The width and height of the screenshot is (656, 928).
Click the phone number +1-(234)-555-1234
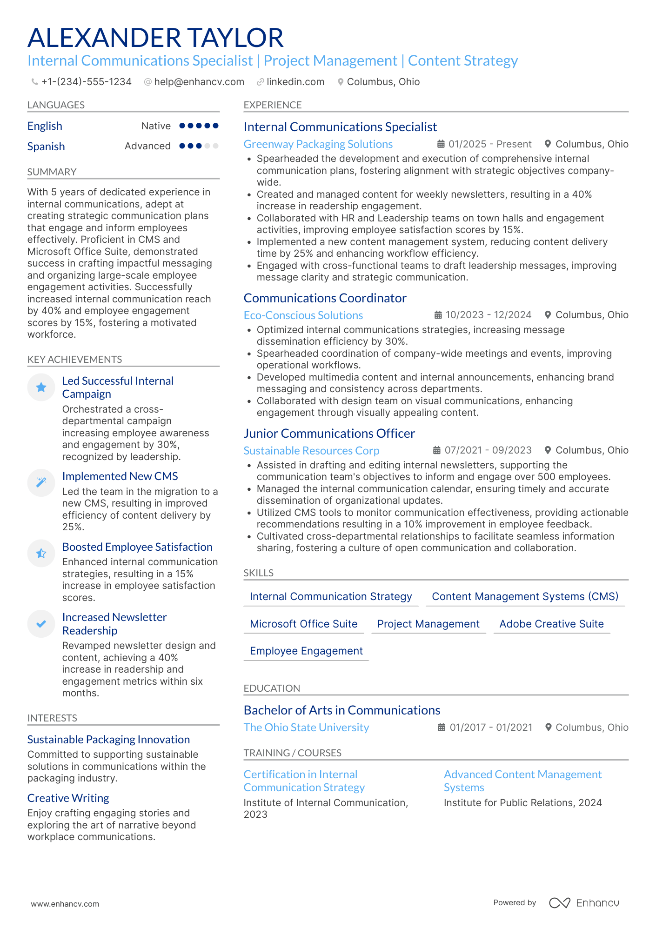pyautogui.click(x=86, y=82)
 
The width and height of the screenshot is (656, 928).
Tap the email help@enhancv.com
pyautogui.click(x=199, y=82)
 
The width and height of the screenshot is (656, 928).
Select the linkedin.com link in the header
pyautogui.click(x=295, y=82)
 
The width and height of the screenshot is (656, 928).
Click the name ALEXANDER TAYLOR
pyautogui.click(x=155, y=38)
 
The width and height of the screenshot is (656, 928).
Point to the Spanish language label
pyautogui.click(x=46, y=147)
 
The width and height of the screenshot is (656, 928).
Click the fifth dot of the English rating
pyautogui.click(x=215, y=126)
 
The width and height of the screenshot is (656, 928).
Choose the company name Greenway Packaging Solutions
pyautogui.click(x=318, y=144)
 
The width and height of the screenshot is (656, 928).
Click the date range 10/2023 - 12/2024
pyautogui.click(x=488, y=315)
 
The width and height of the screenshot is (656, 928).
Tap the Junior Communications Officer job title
pyautogui.click(x=329, y=434)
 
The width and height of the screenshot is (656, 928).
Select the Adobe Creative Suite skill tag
pyautogui.click(x=551, y=624)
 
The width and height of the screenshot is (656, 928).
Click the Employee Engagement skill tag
pyautogui.click(x=306, y=651)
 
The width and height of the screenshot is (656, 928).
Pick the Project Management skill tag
pyautogui.click(x=428, y=624)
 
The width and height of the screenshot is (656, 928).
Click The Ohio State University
pyautogui.click(x=306, y=728)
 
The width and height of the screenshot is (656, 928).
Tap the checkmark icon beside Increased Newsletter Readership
pyautogui.click(x=41, y=624)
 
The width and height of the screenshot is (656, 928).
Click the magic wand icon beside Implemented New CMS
pyautogui.click(x=41, y=482)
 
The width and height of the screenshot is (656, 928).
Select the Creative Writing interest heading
pyautogui.click(x=68, y=798)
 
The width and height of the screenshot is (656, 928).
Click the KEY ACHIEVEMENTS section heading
pyautogui.click(x=74, y=360)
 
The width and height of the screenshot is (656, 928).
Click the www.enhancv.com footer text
pyautogui.click(x=65, y=904)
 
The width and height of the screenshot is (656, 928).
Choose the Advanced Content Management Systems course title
pyautogui.click(x=522, y=781)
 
